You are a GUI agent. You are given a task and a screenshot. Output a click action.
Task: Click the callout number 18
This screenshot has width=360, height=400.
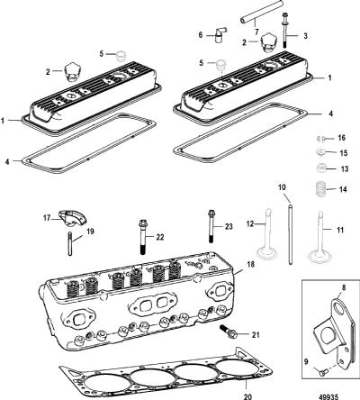click(250, 264)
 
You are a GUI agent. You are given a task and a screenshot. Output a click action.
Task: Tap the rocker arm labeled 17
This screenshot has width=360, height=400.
click(71, 218)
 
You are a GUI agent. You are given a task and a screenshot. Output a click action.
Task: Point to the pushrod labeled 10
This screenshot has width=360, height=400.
click(290, 234)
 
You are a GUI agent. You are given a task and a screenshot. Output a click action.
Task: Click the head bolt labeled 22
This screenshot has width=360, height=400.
click(143, 237)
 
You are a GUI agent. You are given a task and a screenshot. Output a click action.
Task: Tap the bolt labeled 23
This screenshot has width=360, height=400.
click(211, 226)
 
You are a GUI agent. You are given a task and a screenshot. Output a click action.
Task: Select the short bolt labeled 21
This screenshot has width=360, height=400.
click(229, 331)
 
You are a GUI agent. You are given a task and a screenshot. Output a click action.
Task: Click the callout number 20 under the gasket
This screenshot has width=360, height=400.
click(247, 396)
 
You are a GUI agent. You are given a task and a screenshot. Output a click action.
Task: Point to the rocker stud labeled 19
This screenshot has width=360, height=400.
click(70, 243)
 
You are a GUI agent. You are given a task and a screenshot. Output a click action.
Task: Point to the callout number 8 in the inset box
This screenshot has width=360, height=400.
click(344, 287)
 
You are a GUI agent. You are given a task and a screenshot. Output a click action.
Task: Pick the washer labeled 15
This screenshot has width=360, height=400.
click(321, 151)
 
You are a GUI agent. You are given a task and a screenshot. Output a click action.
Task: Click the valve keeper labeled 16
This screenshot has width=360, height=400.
click(320, 139)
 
